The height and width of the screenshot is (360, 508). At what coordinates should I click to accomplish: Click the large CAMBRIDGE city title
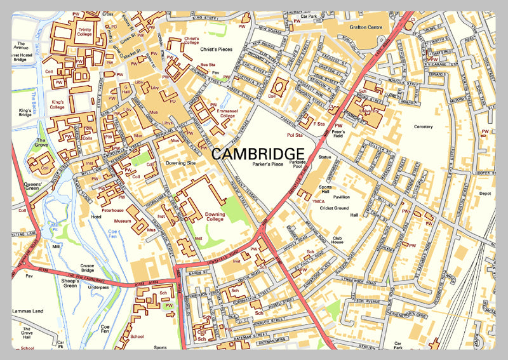(x=257, y=154)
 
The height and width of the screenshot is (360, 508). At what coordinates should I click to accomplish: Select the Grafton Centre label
(x=366, y=27)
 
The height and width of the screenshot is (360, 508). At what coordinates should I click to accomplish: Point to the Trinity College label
(x=84, y=33)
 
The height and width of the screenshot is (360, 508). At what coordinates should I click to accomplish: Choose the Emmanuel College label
(x=227, y=113)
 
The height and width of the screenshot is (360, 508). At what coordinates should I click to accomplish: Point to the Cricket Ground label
(x=335, y=208)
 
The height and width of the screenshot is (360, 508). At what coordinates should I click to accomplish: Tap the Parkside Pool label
(x=297, y=166)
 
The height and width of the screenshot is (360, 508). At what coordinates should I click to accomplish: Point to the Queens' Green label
(x=32, y=189)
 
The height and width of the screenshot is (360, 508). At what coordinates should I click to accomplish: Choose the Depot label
(x=485, y=194)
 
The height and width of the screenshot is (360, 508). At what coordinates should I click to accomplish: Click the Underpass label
(x=99, y=287)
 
